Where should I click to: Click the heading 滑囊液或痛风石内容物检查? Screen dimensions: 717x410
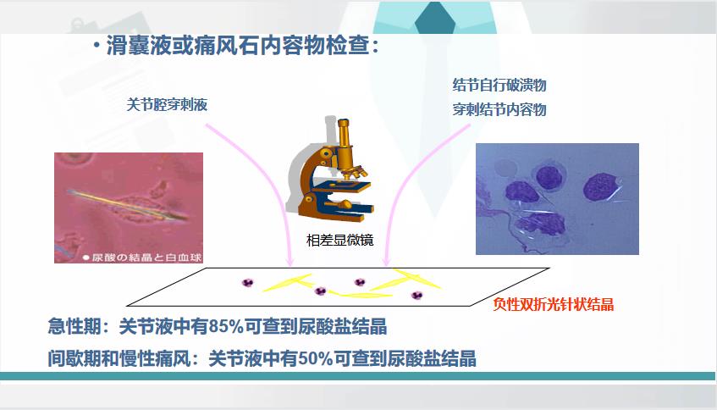[238, 45]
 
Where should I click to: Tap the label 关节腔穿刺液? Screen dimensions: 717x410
[167, 105]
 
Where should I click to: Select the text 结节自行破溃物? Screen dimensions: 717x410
[499, 85]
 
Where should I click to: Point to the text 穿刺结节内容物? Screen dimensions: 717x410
[499, 110]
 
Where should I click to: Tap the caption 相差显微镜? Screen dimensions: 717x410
[339, 240]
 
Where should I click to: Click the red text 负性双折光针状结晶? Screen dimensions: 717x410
[554, 304]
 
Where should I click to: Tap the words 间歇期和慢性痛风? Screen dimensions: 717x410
[119, 358]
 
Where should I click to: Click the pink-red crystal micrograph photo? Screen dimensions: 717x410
[129, 208]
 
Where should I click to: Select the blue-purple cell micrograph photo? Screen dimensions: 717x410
[557, 199]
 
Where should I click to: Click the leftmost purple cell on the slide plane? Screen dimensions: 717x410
[247, 282]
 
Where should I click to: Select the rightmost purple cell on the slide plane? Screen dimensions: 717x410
[416, 295]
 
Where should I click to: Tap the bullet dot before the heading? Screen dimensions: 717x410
[96, 45]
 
